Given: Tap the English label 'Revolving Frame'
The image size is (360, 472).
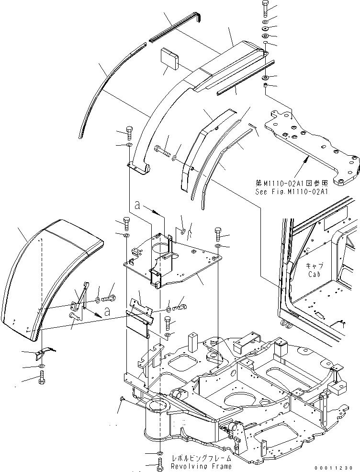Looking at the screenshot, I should click(202, 466).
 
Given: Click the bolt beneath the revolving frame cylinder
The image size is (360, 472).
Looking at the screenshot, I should click(159, 463).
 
